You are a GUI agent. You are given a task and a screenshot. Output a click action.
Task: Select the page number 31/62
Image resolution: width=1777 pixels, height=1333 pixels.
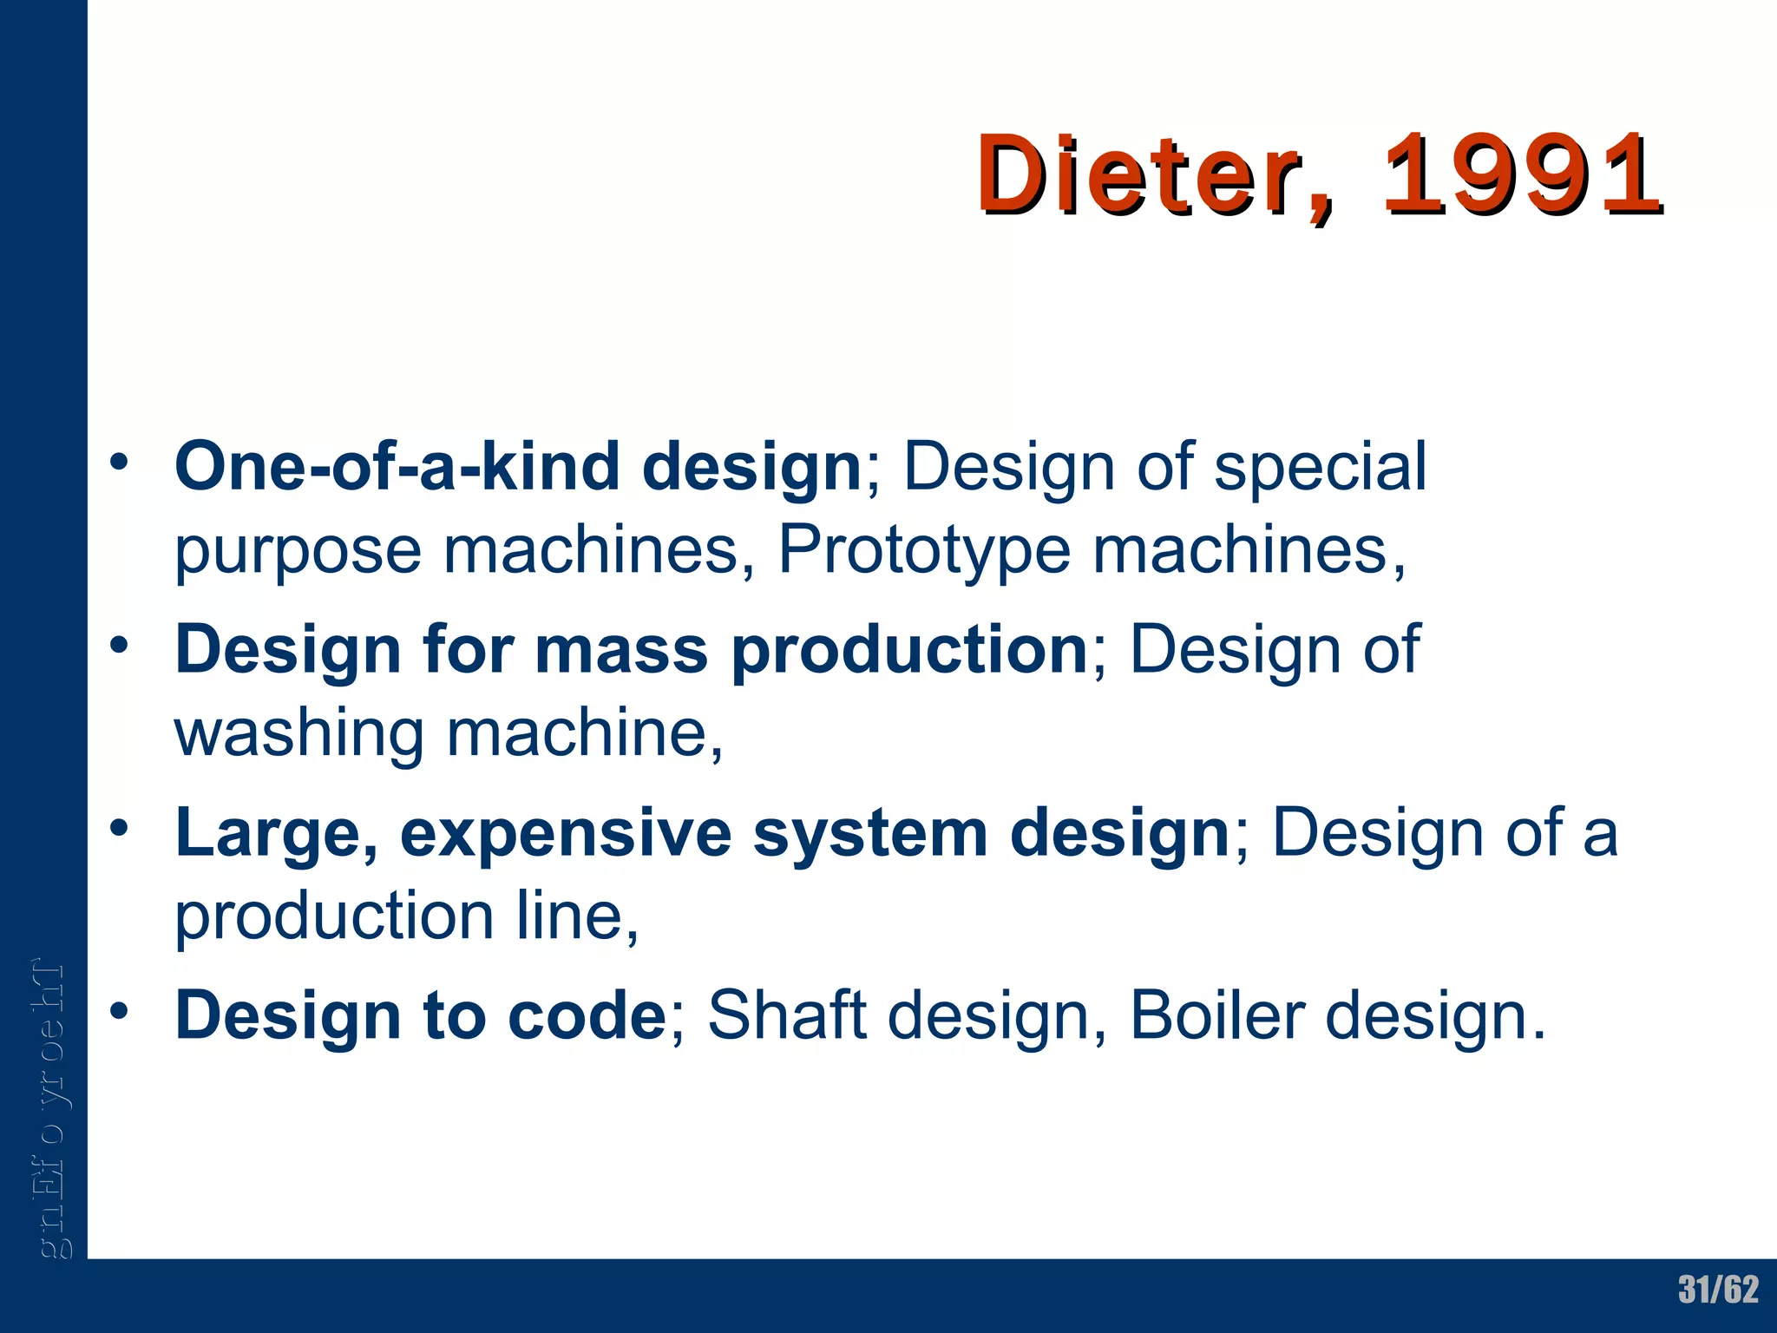(1718, 1290)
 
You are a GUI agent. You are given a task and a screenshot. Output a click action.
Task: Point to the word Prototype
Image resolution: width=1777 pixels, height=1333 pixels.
(924, 550)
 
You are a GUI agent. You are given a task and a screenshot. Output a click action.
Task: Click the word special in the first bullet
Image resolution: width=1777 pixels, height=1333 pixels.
(1320, 467)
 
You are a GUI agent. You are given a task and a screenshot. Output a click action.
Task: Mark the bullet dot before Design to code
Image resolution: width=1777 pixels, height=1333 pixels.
(119, 1010)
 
